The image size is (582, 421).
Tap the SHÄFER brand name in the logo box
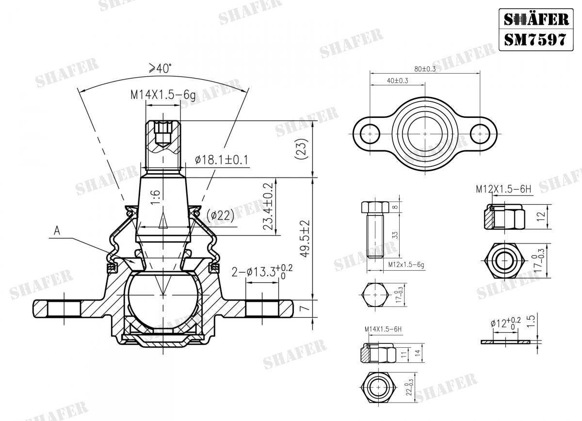(534, 19)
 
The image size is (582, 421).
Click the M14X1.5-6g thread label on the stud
(162, 95)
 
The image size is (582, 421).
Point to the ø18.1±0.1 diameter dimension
(221, 160)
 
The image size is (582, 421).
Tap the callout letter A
(57, 232)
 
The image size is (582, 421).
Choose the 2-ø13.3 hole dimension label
(262, 273)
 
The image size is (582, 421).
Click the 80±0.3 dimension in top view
(425, 69)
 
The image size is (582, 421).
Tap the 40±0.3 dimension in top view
(397, 81)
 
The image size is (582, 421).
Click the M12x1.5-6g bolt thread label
(406, 264)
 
